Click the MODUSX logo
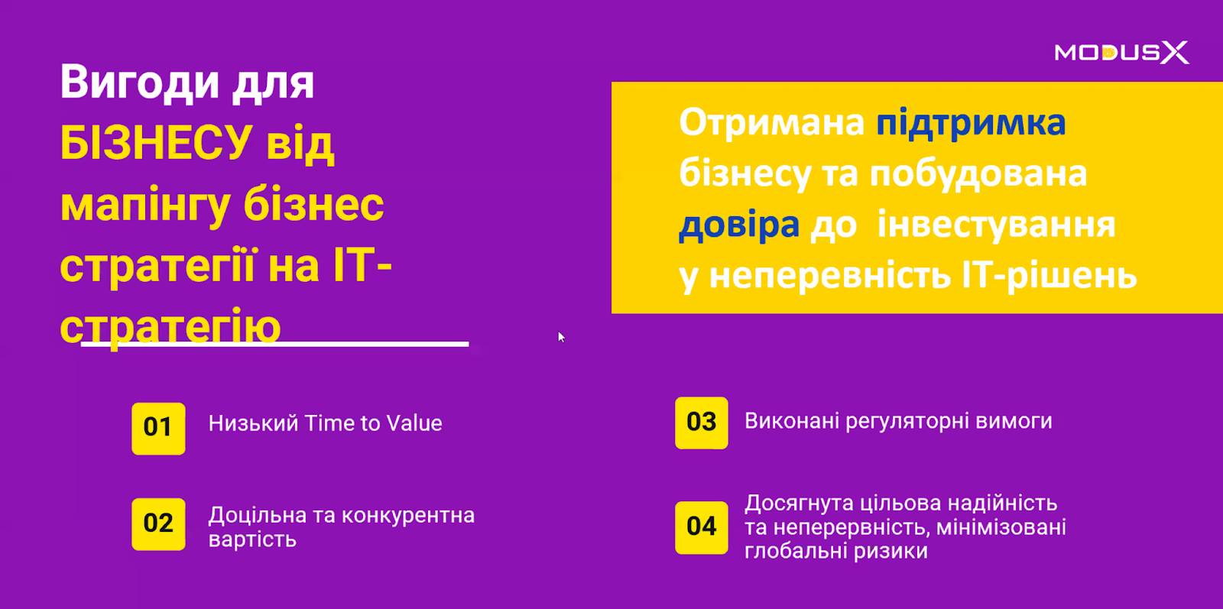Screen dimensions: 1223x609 pyautogui.click(x=1121, y=53)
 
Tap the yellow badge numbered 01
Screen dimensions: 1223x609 pyautogui.click(x=158, y=429)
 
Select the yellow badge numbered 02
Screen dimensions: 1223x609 pyautogui.click(x=158, y=524)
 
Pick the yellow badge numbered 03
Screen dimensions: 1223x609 pyautogui.click(x=702, y=423)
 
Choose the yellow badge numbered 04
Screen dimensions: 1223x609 pyautogui.click(x=702, y=528)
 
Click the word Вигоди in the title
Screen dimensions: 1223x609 pyautogui.click(x=140, y=83)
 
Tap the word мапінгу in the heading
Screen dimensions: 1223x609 pyautogui.click(x=145, y=207)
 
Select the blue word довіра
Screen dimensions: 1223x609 pyautogui.click(x=739, y=225)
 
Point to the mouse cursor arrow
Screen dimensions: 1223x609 pyautogui.click(x=561, y=337)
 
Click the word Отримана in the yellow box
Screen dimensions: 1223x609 pyautogui.click(x=771, y=123)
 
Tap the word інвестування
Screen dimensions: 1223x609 pyautogui.click(x=996, y=225)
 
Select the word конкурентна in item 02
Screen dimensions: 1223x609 pyautogui.click(x=408, y=515)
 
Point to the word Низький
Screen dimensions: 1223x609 pyautogui.click(x=253, y=423)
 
